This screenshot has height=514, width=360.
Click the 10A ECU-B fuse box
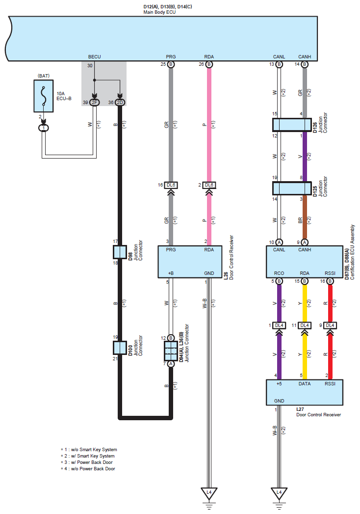click(44, 96)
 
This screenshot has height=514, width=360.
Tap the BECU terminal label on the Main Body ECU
click(94, 57)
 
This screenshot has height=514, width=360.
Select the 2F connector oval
click(94, 103)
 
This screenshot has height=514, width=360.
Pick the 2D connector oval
click(120, 103)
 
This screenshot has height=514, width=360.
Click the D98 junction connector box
click(120, 252)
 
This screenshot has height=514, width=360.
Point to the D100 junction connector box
click(120, 348)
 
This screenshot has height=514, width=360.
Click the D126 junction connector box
click(292, 125)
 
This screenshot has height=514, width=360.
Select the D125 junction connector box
click(292, 188)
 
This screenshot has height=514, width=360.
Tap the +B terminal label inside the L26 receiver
click(171, 273)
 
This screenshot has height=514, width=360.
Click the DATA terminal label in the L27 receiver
click(304, 383)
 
